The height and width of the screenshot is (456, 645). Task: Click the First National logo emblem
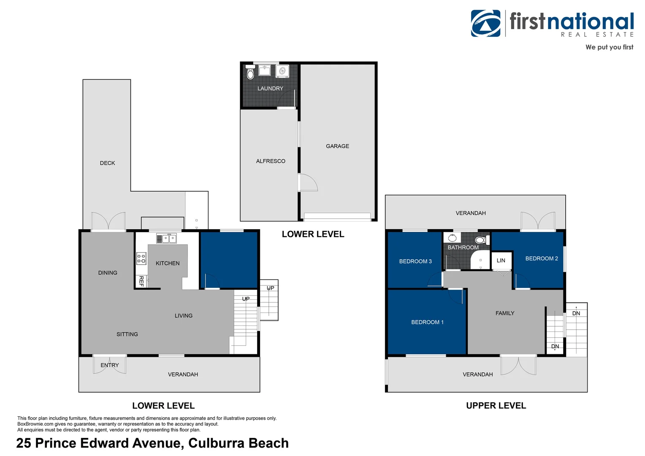486,23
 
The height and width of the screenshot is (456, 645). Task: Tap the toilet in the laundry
250,72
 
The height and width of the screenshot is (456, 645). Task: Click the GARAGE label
337,147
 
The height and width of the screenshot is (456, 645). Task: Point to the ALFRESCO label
271,161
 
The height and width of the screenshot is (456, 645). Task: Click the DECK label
107,163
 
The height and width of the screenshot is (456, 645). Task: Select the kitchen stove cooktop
141,258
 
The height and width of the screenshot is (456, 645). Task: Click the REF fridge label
141,281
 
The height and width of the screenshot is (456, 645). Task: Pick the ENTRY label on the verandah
109,365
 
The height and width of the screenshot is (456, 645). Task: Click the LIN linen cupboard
501,261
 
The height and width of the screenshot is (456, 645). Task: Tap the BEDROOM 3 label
415,261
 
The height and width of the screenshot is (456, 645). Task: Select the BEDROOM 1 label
427,322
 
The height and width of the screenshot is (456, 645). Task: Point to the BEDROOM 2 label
542,259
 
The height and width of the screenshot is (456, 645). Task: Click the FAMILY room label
505,313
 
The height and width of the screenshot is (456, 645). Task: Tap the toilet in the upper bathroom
482,240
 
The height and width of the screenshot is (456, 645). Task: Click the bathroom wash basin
452,238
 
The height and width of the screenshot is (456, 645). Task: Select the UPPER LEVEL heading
496,406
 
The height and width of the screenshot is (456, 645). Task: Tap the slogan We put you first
609,47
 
